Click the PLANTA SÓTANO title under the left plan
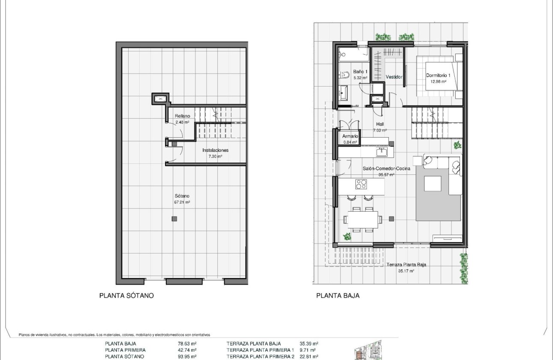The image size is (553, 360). (126, 295)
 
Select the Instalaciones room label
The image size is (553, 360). (215, 153)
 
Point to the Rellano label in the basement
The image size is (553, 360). (183, 119)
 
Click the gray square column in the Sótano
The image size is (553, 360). (174, 219)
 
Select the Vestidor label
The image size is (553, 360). (394, 77)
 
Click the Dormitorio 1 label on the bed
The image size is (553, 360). (438, 78)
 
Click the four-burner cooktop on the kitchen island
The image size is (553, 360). (362, 184)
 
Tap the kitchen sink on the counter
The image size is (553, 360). (381, 152)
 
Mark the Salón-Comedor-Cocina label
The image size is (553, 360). (386, 171)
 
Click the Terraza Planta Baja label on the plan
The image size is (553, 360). (406, 267)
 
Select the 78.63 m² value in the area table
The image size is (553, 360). (187, 343)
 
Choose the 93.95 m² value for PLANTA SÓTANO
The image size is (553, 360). (187, 356)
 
